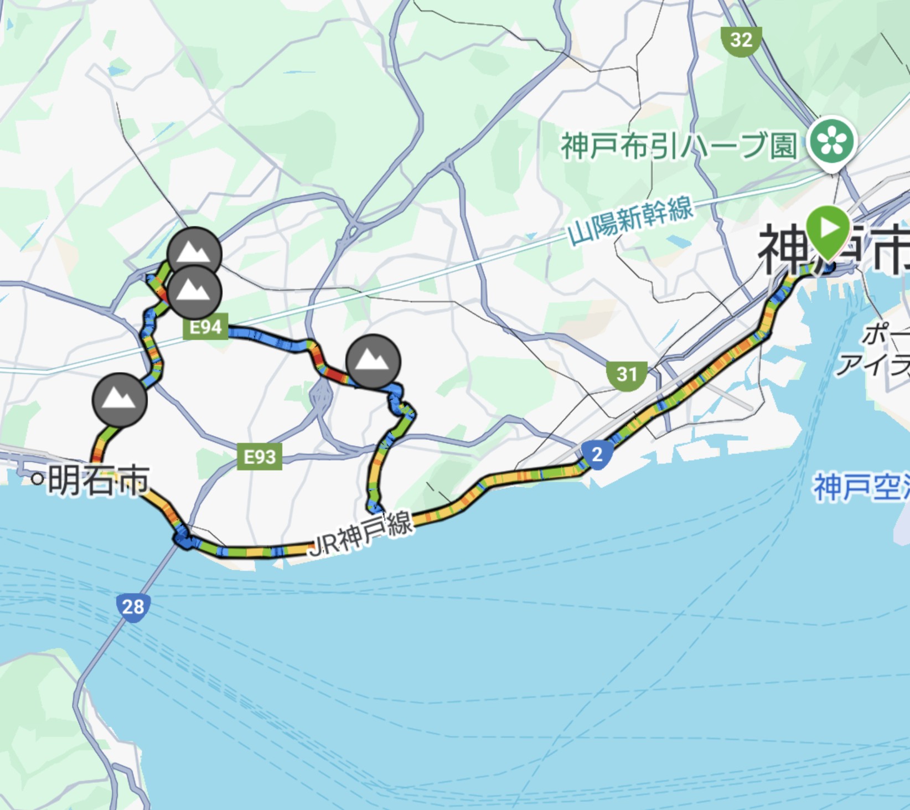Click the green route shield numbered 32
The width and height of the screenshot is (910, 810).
coord(741,40)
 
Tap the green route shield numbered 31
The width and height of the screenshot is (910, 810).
coord(627,375)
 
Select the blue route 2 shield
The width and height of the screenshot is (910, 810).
coord(597,455)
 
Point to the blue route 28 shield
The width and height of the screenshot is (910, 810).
coord(133,607)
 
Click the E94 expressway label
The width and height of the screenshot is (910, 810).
coord(205,327)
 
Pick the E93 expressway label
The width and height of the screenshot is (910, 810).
coord(260,457)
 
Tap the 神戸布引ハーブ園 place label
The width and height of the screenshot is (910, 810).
coord(679,146)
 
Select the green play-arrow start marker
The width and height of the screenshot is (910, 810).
coord(828,229)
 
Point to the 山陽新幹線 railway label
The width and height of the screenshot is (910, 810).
coord(631,220)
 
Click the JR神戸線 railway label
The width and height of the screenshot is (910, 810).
coord(361,534)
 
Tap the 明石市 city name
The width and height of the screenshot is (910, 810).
coord(99,480)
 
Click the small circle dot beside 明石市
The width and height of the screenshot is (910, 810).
coord(37,479)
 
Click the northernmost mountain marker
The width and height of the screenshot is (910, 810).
coord(194,253)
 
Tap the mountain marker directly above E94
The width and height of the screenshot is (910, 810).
coord(194,292)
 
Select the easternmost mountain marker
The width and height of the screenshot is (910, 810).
coord(373,361)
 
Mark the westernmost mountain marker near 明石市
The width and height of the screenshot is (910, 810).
coord(119,399)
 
